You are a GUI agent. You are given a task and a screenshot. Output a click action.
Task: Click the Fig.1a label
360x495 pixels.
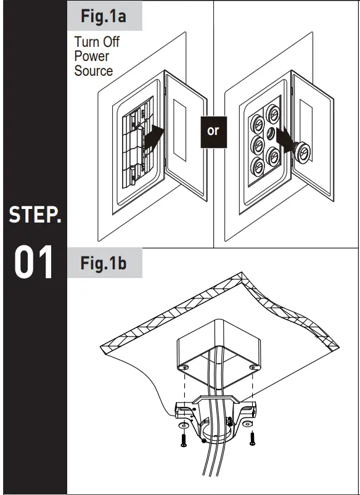(x=104, y=16)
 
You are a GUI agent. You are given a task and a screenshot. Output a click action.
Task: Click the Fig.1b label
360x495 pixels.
(x=104, y=264)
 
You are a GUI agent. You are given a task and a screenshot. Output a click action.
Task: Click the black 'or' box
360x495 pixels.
(x=213, y=131)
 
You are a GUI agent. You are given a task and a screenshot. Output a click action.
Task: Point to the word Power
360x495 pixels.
(x=92, y=57)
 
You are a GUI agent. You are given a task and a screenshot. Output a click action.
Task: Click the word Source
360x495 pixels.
(x=94, y=71)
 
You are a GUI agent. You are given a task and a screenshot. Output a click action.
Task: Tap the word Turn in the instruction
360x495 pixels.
(x=87, y=43)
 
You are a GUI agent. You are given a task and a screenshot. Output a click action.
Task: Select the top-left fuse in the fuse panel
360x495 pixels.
(x=255, y=118)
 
